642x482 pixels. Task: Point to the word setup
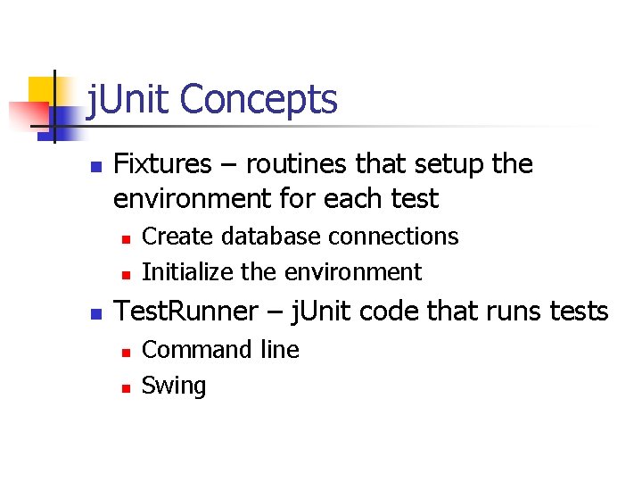pyautogui.click(x=448, y=164)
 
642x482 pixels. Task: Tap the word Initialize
pyautogui.click(x=186, y=271)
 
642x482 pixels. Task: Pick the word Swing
pyautogui.click(x=174, y=386)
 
